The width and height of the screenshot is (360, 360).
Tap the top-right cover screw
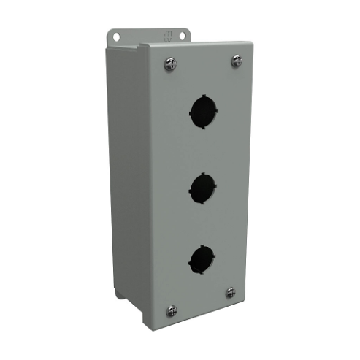click(237, 61)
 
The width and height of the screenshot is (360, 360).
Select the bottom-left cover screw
click(172, 310)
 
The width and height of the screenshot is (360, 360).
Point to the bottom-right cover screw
click(231, 293)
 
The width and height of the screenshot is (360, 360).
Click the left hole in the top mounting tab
click(116, 36)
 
